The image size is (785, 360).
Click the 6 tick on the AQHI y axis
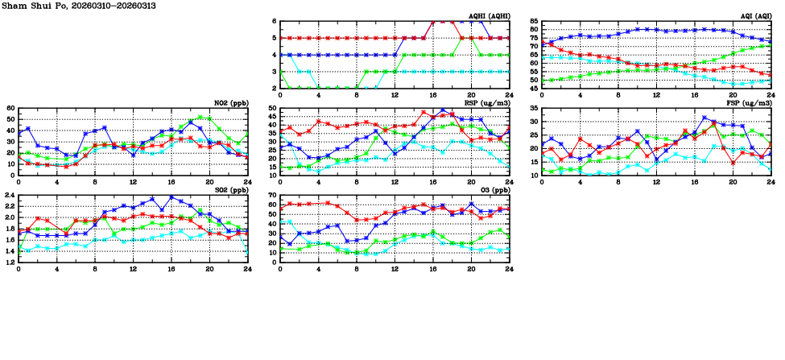pos(274,22)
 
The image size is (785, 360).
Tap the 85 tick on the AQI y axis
pos(533,22)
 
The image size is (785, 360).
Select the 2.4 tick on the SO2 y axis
pos(9,195)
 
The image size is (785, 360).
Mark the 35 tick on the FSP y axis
pos(533,108)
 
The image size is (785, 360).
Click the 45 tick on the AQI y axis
pos(533,89)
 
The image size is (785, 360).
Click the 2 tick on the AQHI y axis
pos(274,89)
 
